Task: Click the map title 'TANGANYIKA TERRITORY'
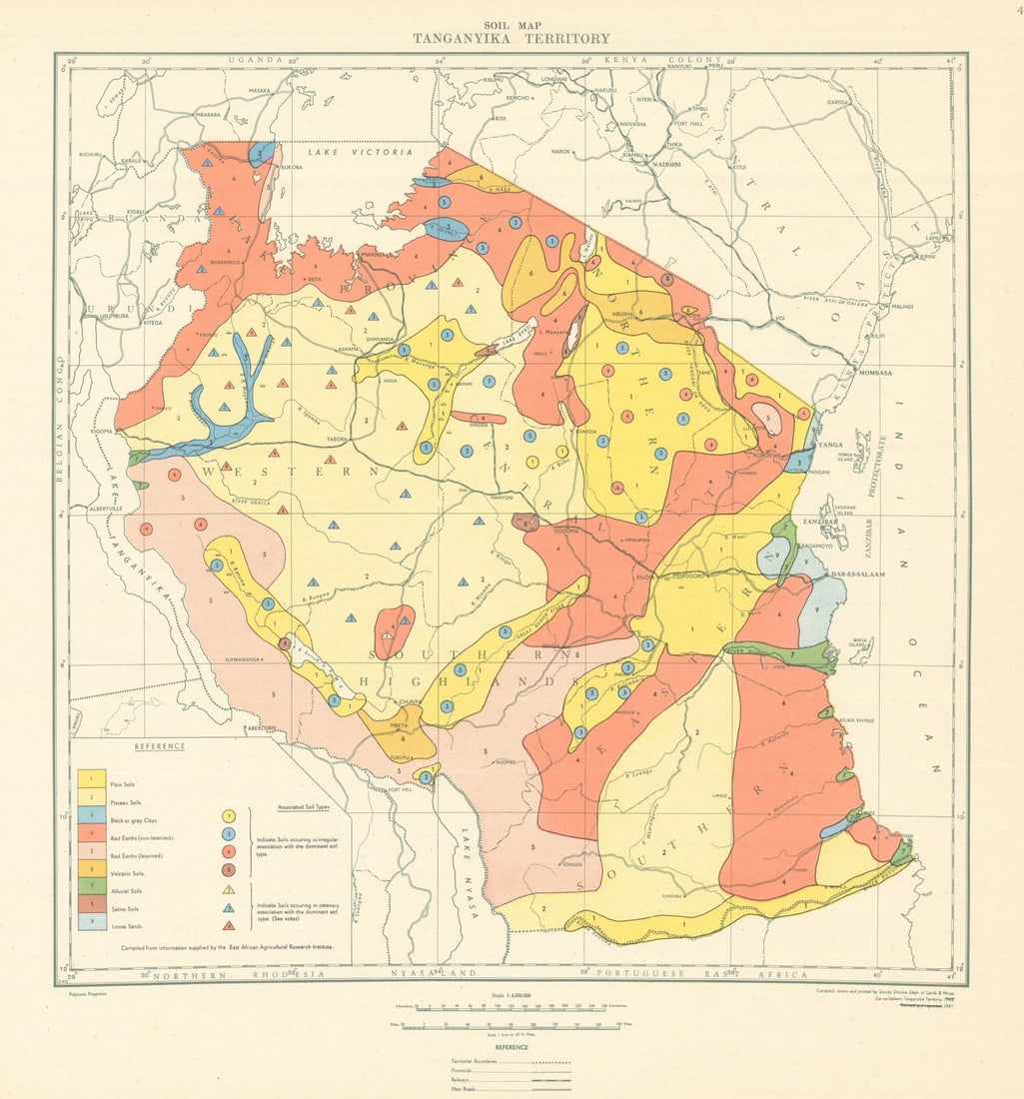coord(512,39)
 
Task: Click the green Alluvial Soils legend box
coord(92,885)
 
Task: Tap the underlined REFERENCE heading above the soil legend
coord(161,746)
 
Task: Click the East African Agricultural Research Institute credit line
coord(227,945)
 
